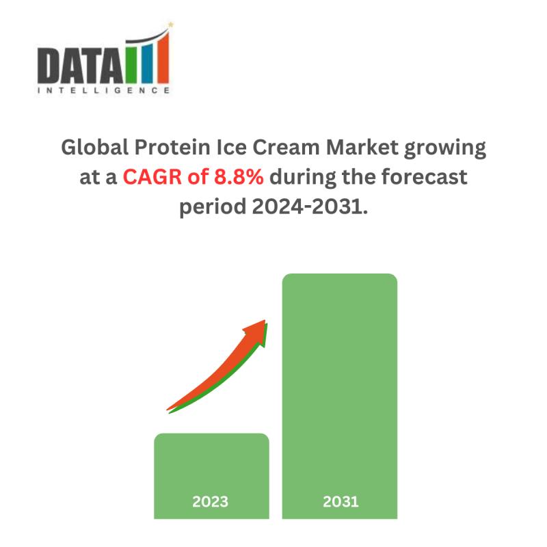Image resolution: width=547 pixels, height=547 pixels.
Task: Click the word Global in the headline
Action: pyautogui.click(x=95, y=147)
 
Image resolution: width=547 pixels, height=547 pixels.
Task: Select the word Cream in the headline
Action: pyautogui.click(x=286, y=147)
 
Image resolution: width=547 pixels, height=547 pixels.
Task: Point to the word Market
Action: pyautogui.click(x=362, y=147)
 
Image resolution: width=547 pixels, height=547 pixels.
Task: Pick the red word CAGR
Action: pyautogui.click(x=152, y=177)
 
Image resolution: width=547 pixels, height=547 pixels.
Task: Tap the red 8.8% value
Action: pyautogui.click(x=239, y=177)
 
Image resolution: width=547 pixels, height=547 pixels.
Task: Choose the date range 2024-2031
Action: pyautogui.click(x=310, y=206)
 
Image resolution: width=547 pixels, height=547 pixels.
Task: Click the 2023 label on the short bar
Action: pyautogui.click(x=211, y=502)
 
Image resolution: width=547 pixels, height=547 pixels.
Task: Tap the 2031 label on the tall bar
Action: pyautogui.click(x=341, y=502)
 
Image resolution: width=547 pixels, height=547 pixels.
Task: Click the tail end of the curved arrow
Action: pyautogui.click(x=168, y=410)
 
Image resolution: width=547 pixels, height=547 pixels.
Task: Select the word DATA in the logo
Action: pyautogui.click(x=81, y=66)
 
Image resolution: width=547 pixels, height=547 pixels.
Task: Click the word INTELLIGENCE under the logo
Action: pyautogui.click(x=104, y=90)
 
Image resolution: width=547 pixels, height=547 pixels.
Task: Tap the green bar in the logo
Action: pyautogui.click(x=132, y=62)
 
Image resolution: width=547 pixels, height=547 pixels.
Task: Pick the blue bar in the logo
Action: pyautogui.click(x=147, y=62)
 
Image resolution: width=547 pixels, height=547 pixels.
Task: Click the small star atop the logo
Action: pyautogui.click(x=170, y=25)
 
